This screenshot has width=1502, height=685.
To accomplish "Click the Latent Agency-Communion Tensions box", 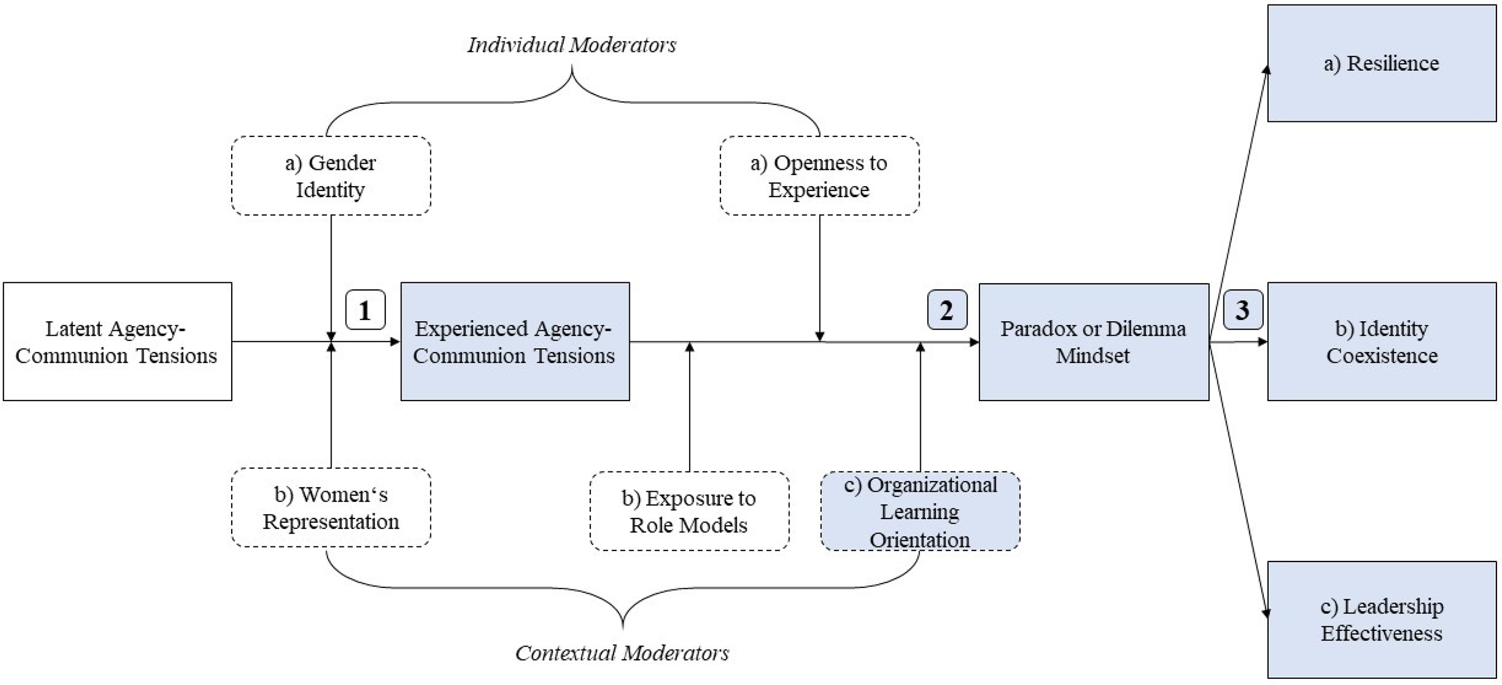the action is pyautogui.click(x=117, y=341).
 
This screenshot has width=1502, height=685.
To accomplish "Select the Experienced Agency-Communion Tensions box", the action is pyautogui.click(x=515, y=341).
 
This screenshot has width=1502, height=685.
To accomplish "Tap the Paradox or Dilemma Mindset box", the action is pyautogui.click(x=1093, y=342).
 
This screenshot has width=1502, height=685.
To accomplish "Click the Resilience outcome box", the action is pyautogui.click(x=1381, y=63).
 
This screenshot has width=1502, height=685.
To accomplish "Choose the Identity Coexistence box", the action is pyautogui.click(x=1381, y=341).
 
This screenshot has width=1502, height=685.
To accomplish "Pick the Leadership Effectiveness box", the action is pyautogui.click(x=1381, y=620).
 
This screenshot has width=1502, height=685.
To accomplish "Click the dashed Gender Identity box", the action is pyautogui.click(x=331, y=175).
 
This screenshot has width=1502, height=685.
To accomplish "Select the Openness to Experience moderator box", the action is pyautogui.click(x=819, y=175).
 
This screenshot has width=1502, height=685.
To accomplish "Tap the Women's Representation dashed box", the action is pyautogui.click(x=331, y=508).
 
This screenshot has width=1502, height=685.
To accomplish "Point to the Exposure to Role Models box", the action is pyautogui.click(x=689, y=511).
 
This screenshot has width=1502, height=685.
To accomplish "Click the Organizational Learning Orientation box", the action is pyautogui.click(x=920, y=511).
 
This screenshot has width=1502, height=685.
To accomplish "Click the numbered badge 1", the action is pyautogui.click(x=366, y=310).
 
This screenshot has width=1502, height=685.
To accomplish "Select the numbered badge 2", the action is pyautogui.click(x=947, y=310).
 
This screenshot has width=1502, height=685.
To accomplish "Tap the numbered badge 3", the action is pyautogui.click(x=1242, y=310).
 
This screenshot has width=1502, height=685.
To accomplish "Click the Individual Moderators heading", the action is pyautogui.click(x=571, y=45).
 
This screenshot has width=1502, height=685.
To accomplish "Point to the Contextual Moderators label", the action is pyautogui.click(x=622, y=653).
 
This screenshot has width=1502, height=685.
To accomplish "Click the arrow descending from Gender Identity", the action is pyautogui.click(x=331, y=278).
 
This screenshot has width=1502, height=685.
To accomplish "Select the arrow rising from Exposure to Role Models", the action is pyautogui.click(x=689, y=407).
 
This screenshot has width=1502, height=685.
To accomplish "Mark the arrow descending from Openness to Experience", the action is pyautogui.click(x=819, y=278).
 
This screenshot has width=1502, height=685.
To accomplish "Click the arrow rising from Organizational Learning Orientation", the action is pyautogui.click(x=920, y=407).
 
